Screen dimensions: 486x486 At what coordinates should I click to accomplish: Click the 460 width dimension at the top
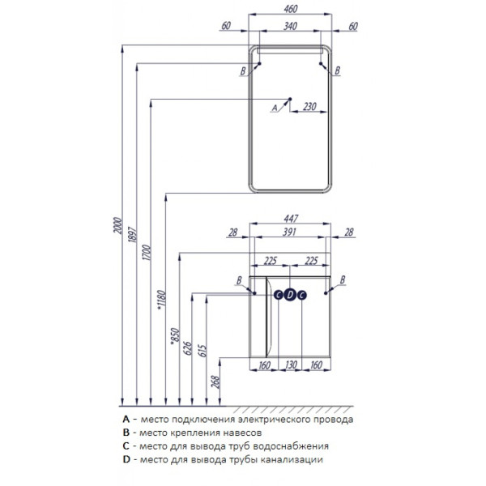coord(291,9)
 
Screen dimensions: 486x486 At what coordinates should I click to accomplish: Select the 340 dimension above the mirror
coord(291,27)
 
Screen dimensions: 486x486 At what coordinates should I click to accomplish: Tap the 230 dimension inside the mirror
coord(309,107)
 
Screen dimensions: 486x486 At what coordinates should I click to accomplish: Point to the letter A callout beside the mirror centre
coord(275,108)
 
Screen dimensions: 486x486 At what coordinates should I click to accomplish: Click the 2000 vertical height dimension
coord(118,226)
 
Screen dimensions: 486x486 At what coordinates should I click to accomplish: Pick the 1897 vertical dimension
coord(132,235)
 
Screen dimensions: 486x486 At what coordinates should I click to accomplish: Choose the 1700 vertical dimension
coord(147,253)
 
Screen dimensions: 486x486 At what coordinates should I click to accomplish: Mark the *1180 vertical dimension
coord(161,300)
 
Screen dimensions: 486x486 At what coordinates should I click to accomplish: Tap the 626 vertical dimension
coord(188,348)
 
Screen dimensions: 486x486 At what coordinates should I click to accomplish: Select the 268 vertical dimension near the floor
coord(215,382)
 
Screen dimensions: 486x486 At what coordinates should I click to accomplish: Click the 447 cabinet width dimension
coord(291,219)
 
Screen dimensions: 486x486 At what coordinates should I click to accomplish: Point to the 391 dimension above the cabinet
coord(289,232)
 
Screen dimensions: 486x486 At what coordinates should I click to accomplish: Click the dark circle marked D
coord(290,295)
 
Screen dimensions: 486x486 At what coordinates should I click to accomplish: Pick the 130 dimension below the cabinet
coord(291,364)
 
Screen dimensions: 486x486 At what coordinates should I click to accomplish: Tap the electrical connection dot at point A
coord(290,99)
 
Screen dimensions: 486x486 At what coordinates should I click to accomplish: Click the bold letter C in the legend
coord(126,446)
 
